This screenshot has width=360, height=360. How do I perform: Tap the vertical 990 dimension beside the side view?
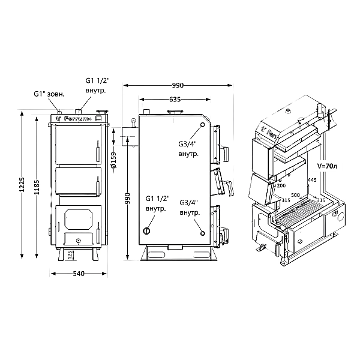(x=128, y=199)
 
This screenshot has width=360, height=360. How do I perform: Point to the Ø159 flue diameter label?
(x=113, y=157)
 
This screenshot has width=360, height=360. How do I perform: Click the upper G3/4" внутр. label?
(x=187, y=148)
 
